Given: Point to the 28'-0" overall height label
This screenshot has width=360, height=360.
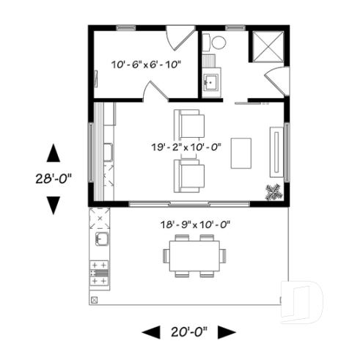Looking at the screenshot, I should coord(53,178).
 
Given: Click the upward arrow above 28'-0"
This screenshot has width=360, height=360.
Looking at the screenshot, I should coord(53,153).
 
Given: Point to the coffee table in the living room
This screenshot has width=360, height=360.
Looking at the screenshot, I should coord(240,153).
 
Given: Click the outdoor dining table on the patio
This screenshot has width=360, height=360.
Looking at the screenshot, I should coord(194,256).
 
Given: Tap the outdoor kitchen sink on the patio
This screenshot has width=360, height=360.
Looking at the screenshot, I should coord(100,240).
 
